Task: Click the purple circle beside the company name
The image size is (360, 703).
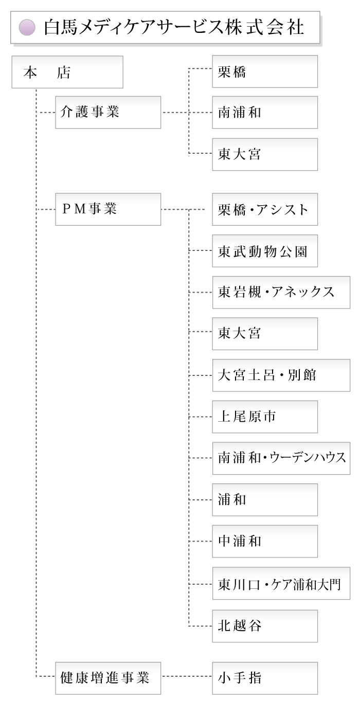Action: pos(27,27)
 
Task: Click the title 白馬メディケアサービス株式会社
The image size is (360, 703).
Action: pos(174,27)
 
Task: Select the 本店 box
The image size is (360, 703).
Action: pos(67,72)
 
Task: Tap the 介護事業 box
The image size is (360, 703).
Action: pos(108,112)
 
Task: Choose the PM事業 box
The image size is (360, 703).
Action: pos(108,209)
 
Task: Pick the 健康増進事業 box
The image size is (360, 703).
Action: pos(108,678)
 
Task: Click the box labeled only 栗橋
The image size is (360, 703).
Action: pos(265,71)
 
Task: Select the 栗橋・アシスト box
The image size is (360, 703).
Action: pos(265,209)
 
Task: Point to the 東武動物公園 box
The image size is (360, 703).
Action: pos(265,251)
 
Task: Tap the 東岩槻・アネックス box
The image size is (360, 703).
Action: pos(281,292)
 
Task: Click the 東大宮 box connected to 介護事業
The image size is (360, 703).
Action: pos(265,154)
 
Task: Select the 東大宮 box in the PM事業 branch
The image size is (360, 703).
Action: pos(265,334)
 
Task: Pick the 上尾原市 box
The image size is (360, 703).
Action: pos(265,417)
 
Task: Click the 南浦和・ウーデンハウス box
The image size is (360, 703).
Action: pos(281,458)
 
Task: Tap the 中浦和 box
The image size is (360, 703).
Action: pos(265,541)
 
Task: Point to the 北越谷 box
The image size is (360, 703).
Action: pos(265,626)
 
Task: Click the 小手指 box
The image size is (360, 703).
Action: pos(265,678)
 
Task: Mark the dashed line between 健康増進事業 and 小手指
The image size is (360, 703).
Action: pos(186,678)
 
